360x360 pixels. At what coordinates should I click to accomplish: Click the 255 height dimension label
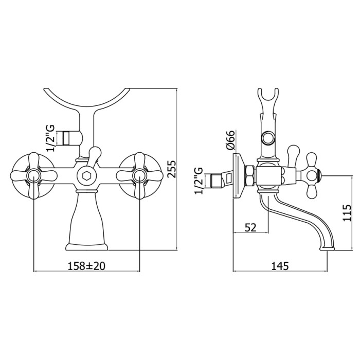tap(172, 169)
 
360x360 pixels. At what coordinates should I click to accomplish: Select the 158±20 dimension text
tap(86, 266)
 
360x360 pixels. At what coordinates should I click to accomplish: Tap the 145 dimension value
tap(280, 266)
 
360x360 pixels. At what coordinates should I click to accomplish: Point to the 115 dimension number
tap(347, 212)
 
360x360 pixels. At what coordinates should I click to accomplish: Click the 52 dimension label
tap(250, 227)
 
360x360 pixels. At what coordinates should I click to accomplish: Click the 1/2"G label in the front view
tap(50, 138)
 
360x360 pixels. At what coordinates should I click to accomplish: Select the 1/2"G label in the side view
tap(199, 181)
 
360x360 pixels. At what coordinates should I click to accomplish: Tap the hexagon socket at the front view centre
tap(86, 176)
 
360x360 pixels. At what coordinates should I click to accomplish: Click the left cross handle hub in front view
tap(34, 176)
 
